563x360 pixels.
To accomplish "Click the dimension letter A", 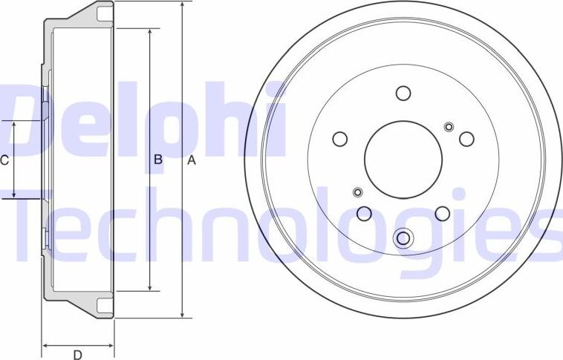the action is coord(192,160).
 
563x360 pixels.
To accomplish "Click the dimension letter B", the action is coord(158,160).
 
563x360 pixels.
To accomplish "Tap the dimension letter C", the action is coord(4,160).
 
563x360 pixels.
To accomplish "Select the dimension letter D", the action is coord(77,355).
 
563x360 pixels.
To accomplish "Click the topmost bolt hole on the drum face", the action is coord(403,94).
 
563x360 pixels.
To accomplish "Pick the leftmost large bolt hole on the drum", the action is coord(339,139).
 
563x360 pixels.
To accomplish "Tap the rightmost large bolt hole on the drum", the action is coord(466,139).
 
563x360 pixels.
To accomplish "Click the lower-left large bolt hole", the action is coord(364,214).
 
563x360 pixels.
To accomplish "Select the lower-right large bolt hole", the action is coord(443,214).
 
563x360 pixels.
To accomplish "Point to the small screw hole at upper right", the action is coord(449,126).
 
